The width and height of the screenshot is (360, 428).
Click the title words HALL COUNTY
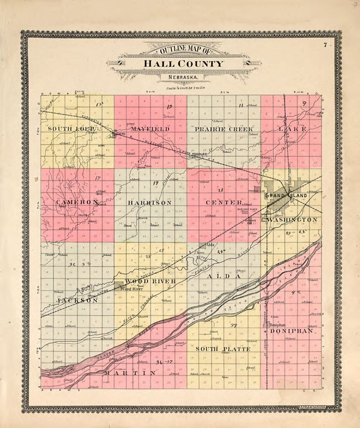tap(184, 64)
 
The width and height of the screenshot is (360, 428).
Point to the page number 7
tap(324, 45)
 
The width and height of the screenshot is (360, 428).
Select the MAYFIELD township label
tap(150, 129)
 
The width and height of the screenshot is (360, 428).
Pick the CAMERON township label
tap(77, 202)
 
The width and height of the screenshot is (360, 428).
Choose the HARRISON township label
tap(150, 203)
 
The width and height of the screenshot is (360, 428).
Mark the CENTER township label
tap(224, 203)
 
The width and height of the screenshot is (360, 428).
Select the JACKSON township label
tap(77, 300)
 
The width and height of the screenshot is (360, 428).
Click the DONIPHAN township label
tap(291, 331)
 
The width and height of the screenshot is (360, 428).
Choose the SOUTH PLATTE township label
tap(223, 349)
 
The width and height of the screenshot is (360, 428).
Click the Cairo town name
tap(121, 134)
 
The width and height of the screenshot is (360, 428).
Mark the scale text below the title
tap(184, 88)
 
